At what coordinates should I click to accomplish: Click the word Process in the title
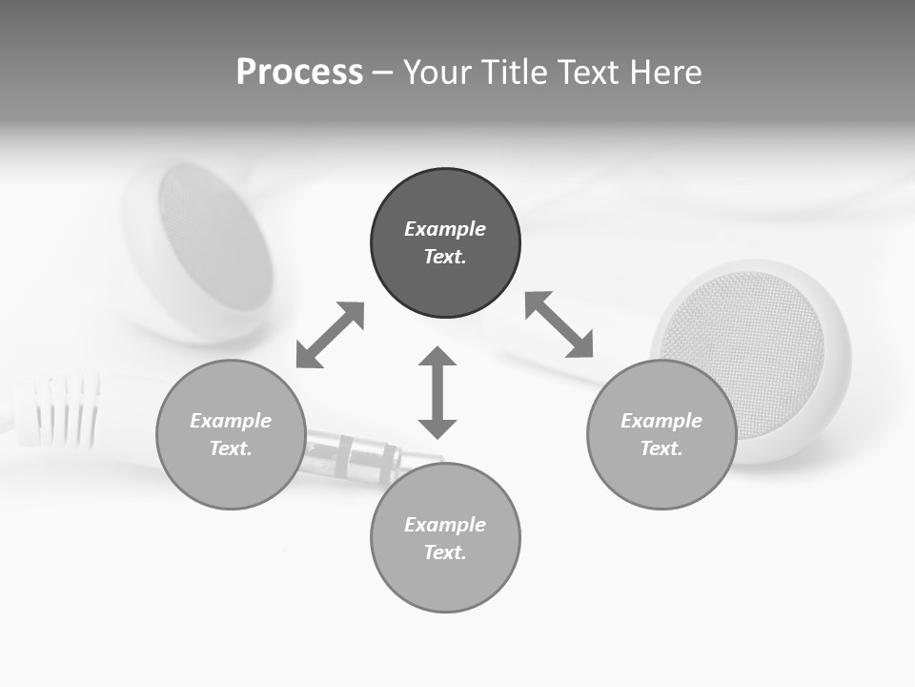click(x=299, y=73)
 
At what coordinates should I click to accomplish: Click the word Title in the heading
click(x=512, y=73)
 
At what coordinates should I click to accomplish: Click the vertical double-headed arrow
click(x=437, y=392)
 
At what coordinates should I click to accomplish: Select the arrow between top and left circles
click(x=330, y=335)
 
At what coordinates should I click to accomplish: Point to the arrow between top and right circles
click(x=559, y=324)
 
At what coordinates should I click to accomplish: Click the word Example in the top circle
click(x=445, y=229)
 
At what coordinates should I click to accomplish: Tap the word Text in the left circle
click(x=231, y=448)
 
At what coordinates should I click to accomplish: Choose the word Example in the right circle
click(x=661, y=421)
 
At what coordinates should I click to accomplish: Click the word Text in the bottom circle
click(x=445, y=552)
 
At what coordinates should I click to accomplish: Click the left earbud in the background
click(x=205, y=248)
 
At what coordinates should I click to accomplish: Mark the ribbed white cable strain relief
click(x=62, y=410)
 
